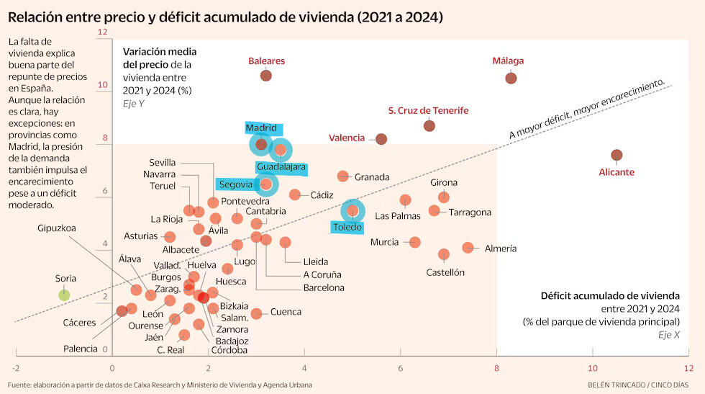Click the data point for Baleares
click(x=265, y=75)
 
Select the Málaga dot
click(x=511, y=78)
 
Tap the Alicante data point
click(x=617, y=155)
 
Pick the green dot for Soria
click(x=64, y=295)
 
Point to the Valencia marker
click(x=381, y=139)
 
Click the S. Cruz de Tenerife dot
click(x=429, y=125)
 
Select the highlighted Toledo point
click(x=352, y=211)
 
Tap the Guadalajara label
click(x=281, y=167)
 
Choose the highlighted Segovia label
click(x=236, y=184)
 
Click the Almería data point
click(x=468, y=247)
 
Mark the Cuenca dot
click(x=256, y=313)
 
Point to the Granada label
click(x=372, y=177)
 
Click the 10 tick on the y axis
click(x=103, y=85)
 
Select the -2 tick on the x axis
click(x=16, y=368)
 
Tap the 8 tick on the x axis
click(x=496, y=368)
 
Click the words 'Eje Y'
click(x=134, y=104)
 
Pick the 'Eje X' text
click(x=668, y=334)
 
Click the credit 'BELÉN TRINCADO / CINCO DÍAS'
click(x=638, y=385)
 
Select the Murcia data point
click(x=414, y=242)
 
